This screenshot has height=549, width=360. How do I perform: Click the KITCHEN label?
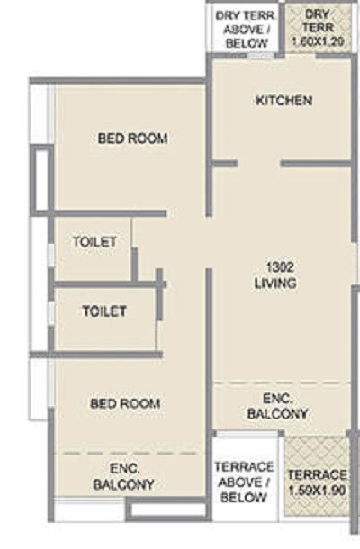pyautogui.click(x=283, y=100)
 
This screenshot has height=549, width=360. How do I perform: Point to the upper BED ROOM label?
pyautogui.click(x=133, y=139)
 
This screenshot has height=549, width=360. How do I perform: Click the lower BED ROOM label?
pyautogui.click(x=126, y=403)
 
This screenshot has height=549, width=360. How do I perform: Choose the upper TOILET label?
pyautogui.click(x=94, y=242)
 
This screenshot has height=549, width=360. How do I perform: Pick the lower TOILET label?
pyautogui.click(x=104, y=311)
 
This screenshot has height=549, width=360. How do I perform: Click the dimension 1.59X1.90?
pyautogui.click(x=318, y=490)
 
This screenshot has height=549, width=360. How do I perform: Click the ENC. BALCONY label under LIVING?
pyautogui.click(x=278, y=406)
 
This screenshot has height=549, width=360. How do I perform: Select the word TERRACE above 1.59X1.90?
pyautogui.click(x=318, y=474)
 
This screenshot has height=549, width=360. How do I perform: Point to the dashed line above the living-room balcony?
pyautogui.click(x=279, y=383)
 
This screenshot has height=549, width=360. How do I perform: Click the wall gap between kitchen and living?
pyautogui.click(x=259, y=164)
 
